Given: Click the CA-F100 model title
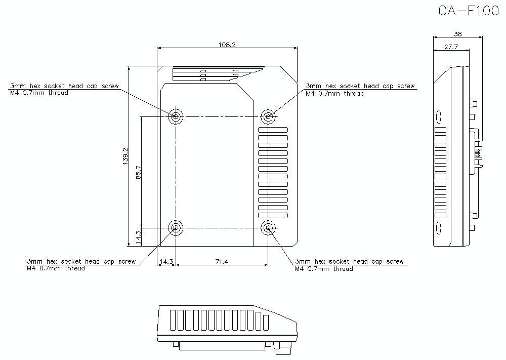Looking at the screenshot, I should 469,12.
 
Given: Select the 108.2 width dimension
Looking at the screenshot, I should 227,45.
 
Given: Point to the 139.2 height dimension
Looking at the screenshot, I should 125,155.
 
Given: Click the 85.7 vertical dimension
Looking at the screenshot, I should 138,173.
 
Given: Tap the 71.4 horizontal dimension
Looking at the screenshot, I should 222,262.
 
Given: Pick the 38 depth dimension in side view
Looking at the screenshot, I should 457,34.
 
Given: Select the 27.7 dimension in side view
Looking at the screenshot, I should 451,47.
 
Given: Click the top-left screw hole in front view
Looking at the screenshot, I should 176,117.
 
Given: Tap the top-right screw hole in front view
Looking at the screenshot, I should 268,117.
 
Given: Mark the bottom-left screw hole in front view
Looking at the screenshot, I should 176,228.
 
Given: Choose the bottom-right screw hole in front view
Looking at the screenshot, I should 268,228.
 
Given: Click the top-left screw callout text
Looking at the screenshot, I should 65,89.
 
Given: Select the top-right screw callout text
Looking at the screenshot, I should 360,90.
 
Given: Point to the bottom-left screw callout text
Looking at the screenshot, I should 81,265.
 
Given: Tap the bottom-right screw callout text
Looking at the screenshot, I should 349,265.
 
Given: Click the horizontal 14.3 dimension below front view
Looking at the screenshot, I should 166,262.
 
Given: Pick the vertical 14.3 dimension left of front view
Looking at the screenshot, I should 138,236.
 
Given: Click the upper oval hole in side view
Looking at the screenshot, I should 439,117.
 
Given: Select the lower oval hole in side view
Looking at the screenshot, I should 439,226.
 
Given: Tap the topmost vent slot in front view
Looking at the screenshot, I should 273,131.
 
